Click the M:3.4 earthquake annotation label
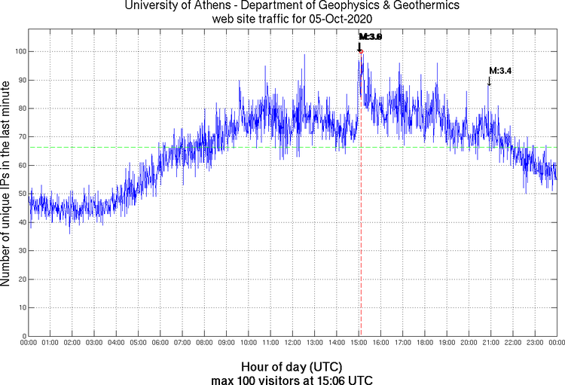[x=501, y=71]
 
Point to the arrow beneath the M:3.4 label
[x=490, y=80]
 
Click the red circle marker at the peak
[x=361, y=51]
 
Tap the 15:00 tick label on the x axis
[x=359, y=343]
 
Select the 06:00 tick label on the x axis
[x=160, y=343]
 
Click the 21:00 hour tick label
[x=490, y=343]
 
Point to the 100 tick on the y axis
[x=19, y=51]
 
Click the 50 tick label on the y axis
[x=21, y=194]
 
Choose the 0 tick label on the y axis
[x=23, y=336]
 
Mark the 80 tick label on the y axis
[x=21, y=108]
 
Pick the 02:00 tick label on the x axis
[x=72, y=343]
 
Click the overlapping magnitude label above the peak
[x=371, y=36]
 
